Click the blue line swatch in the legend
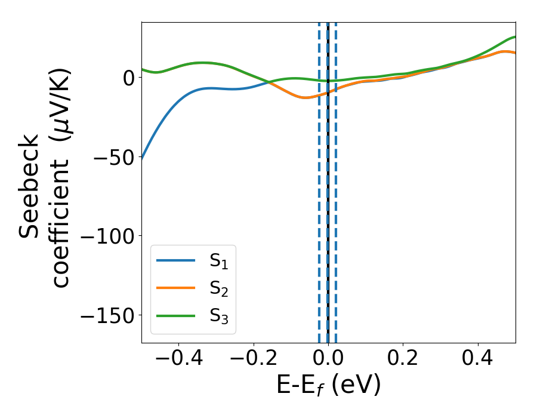coord(175,260)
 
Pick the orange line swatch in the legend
coord(175,288)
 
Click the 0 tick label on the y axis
coord(128,78)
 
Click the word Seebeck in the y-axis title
coord(30,186)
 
